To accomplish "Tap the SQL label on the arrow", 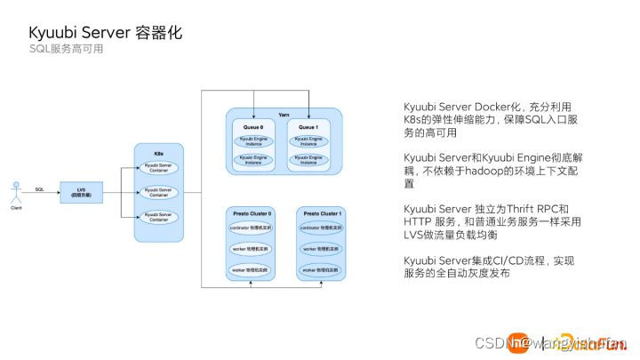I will pyautogui.click(x=39, y=188).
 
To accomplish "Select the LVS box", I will pyautogui.click(x=82, y=191).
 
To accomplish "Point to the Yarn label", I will pyautogui.click(x=284, y=116).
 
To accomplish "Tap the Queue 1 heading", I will pyautogui.click(x=308, y=127).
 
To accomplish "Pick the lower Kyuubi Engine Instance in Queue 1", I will pyautogui.click(x=308, y=159).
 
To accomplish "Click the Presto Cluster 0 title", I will pyautogui.click(x=252, y=214).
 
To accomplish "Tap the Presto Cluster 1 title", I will pyautogui.click(x=320, y=214).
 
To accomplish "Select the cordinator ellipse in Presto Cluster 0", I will pyautogui.click(x=252, y=229).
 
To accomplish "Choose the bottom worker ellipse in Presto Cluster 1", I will pyautogui.click(x=320, y=268).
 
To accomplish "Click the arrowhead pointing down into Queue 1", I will pyautogui.click(x=308, y=117).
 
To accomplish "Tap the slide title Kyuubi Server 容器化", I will pyautogui.click(x=105, y=33).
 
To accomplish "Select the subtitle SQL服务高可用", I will pyautogui.click(x=66, y=50).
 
